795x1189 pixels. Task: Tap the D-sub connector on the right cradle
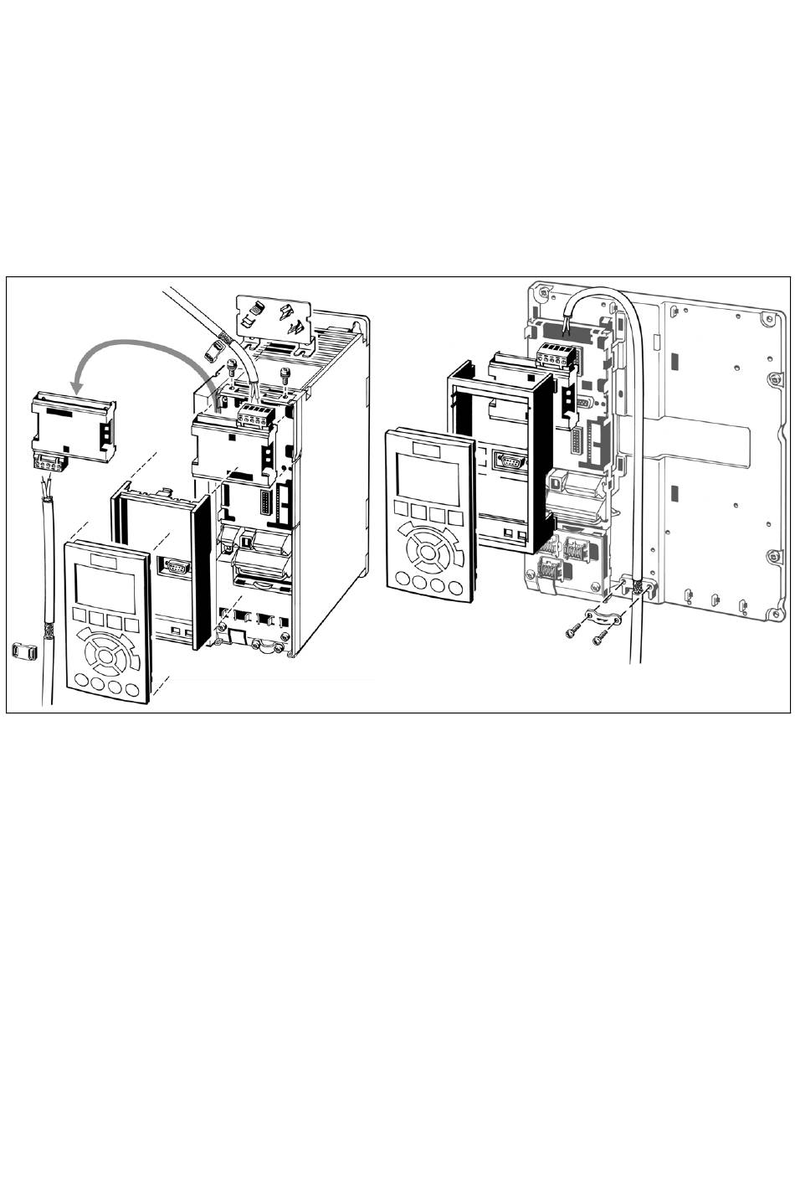click(x=510, y=460)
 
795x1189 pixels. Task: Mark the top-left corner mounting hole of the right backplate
click(x=545, y=293)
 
